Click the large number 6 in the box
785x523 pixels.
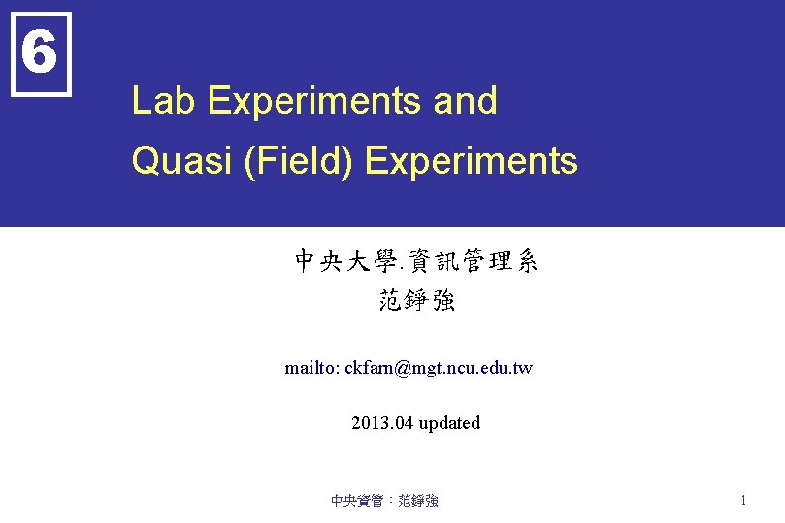[39, 53]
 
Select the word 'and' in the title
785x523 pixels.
[466, 101]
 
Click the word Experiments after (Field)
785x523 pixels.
[472, 161]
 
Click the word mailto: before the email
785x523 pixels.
[311, 369]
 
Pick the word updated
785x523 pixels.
[449, 423]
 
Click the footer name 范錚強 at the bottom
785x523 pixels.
[418, 501]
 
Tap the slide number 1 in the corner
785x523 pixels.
[742, 501]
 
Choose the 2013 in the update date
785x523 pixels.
[369, 423]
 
